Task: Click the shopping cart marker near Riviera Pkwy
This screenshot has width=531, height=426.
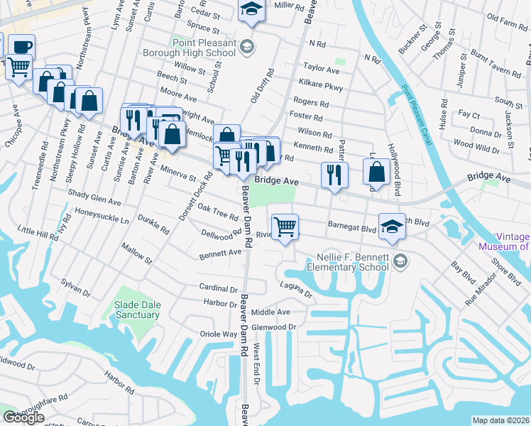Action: (x=284, y=227)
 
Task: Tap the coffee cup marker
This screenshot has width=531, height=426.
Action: (x=21, y=47)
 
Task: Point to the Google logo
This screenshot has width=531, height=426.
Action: (x=23, y=417)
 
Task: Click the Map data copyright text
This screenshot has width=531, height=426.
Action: (x=501, y=420)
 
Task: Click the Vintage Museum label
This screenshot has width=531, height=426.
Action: (x=505, y=241)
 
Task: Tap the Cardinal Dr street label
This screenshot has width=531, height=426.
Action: (x=219, y=289)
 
